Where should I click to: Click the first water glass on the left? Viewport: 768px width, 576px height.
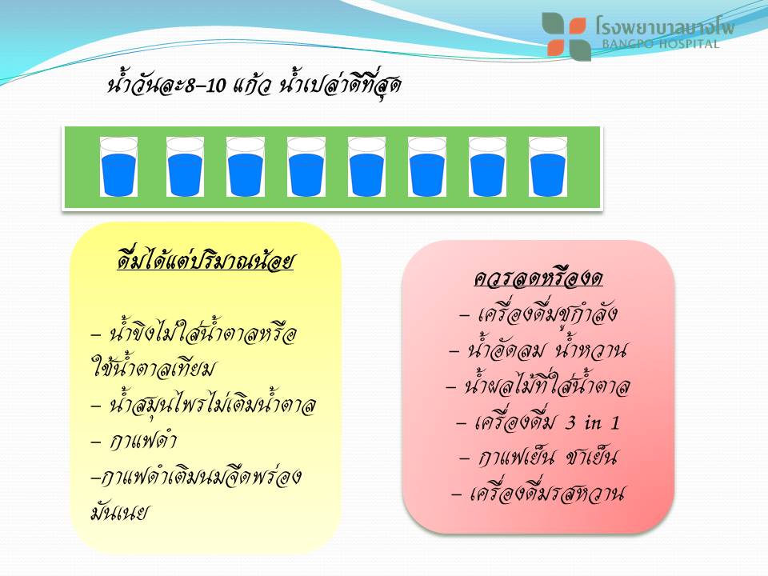[x=118, y=167]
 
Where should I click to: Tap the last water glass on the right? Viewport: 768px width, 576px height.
[x=548, y=167]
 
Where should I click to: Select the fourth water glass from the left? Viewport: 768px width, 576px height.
[x=306, y=167]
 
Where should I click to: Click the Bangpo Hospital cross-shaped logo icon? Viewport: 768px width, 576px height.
[x=566, y=36]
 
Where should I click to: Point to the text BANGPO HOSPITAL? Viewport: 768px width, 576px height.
[x=660, y=43]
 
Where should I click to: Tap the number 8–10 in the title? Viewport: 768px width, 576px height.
[x=206, y=86]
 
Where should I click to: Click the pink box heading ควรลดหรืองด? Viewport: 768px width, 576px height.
[x=538, y=278]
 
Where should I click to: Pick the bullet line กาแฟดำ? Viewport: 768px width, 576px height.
[x=134, y=440]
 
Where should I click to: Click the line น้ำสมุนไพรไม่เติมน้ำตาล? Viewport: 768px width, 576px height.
[x=204, y=405]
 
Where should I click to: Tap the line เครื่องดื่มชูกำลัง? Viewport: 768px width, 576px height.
[x=538, y=314]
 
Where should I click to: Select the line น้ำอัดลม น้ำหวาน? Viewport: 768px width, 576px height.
[x=538, y=350]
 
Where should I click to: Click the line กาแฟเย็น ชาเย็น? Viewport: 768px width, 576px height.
[x=538, y=457]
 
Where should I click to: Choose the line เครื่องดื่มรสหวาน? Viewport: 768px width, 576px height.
[x=538, y=493]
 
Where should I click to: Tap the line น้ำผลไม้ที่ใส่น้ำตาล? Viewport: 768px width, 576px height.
[x=538, y=386]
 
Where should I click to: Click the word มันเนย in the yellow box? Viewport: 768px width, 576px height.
[x=119, y=513]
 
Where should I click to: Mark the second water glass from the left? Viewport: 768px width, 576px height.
[x=185, y=167]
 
